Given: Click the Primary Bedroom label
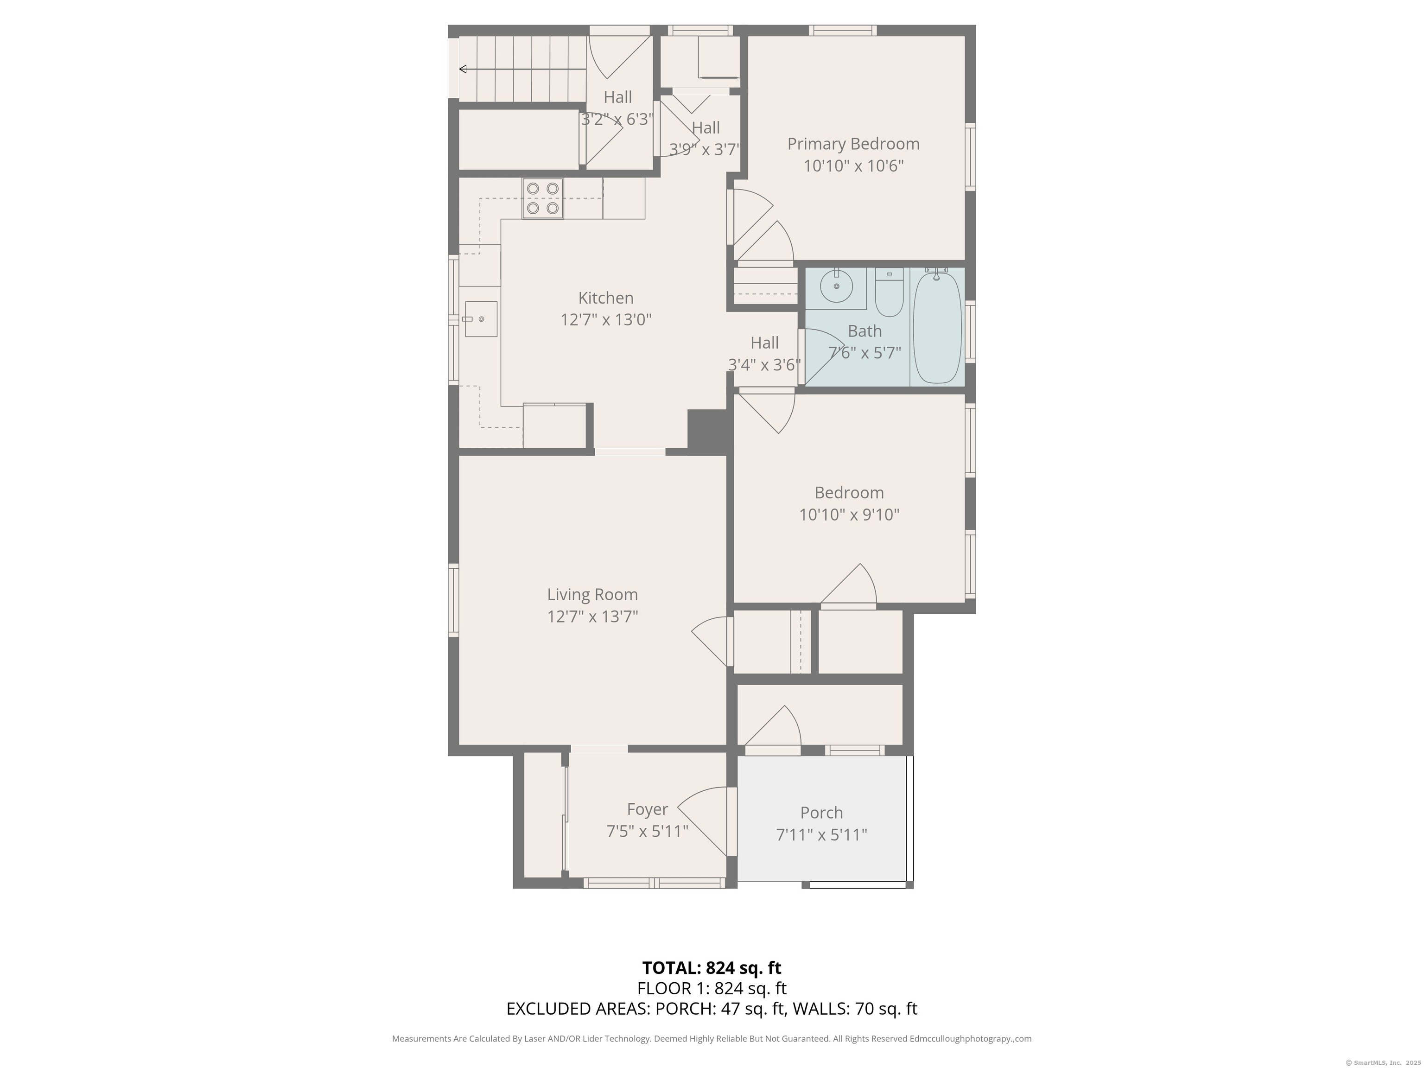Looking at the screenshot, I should point(853,144).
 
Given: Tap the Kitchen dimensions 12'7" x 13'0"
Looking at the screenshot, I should point(606,320).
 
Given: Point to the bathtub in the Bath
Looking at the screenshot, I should point(937,328).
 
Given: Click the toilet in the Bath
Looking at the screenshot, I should point(889,293).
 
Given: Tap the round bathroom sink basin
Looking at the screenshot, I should point(836,286).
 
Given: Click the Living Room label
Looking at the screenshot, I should point(592,594).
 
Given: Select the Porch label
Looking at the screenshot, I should point(821,813).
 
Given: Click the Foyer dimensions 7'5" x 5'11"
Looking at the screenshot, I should point(647,831).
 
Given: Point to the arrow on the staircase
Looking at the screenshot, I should point(521,69).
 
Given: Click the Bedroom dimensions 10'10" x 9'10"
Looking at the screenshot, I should point(849,515).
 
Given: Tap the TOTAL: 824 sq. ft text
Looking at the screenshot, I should point(712,967).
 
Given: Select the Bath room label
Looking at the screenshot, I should point(864,331).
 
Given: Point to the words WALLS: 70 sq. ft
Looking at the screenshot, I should point(854,1009).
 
